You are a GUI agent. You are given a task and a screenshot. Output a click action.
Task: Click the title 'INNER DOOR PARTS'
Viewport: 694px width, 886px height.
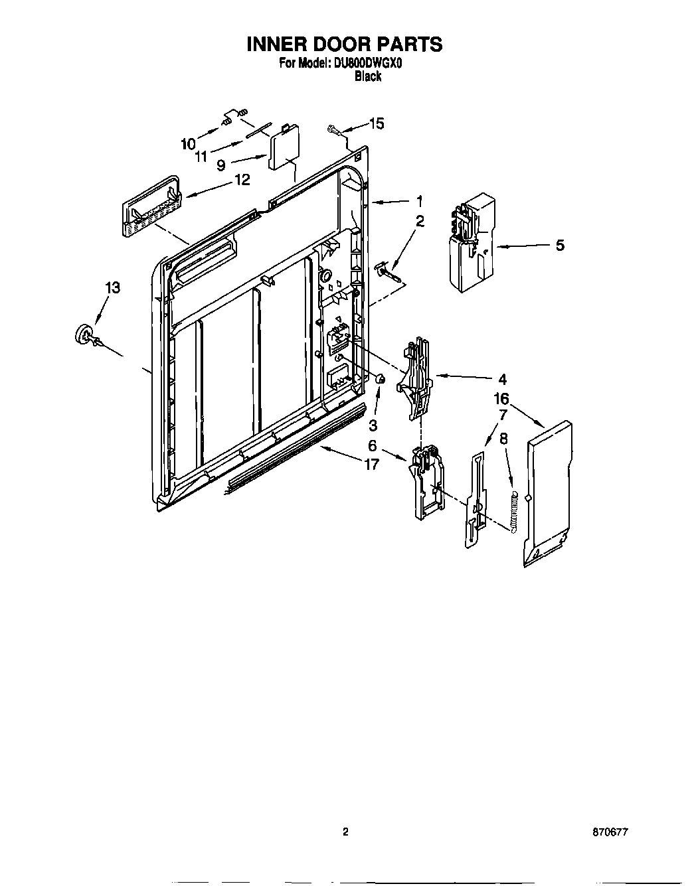(345, 44)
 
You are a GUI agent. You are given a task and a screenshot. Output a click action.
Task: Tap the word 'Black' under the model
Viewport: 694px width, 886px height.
(367, 76)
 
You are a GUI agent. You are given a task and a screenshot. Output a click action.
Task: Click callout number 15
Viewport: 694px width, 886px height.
(376, 123)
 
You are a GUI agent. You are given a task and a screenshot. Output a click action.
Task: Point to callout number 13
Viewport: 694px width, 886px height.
(113, 287)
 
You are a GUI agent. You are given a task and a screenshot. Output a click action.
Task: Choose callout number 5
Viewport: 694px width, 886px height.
(560, 246)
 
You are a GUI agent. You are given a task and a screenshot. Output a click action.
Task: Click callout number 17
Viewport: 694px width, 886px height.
(371, 465)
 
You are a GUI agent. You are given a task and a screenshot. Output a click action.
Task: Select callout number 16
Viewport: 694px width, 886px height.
(501, 398)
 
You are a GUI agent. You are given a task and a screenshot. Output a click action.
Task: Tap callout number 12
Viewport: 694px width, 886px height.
(242, 180)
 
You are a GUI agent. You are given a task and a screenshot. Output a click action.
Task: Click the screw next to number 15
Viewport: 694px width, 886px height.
(334, 130)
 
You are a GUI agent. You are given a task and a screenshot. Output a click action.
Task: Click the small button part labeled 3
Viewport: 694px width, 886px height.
(381, 380)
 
